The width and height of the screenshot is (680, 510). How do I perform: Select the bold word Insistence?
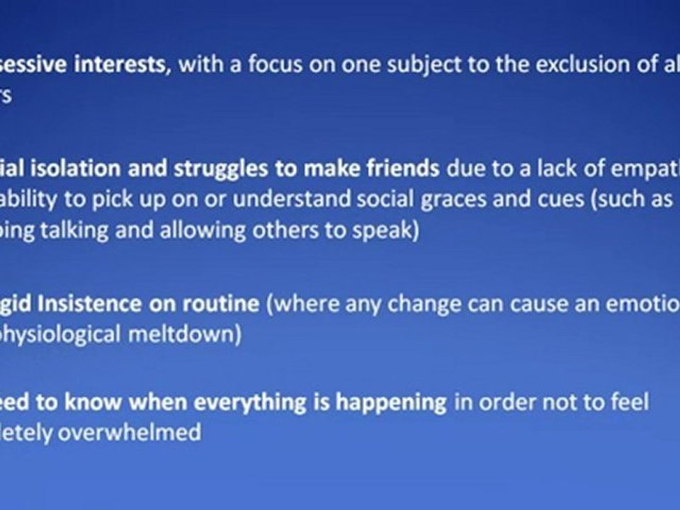[x=98, y=303]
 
